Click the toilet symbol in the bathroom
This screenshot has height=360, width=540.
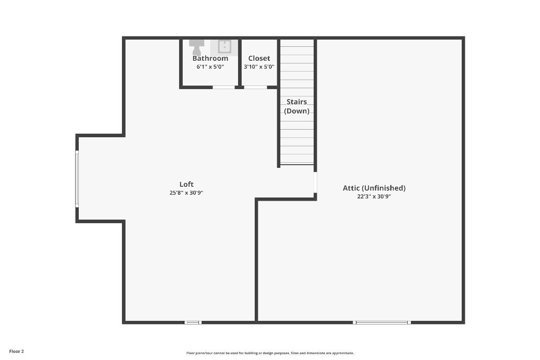point(197,48)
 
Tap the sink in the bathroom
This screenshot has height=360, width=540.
point(225,46)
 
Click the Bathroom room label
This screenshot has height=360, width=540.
point(210,58)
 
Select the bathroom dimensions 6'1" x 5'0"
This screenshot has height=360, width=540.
point(210,67)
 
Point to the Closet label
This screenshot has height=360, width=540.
point(259,58)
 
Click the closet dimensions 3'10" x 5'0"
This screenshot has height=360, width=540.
point(259,67)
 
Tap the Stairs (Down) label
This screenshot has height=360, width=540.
point(297,106)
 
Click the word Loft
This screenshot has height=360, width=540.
point(186,184)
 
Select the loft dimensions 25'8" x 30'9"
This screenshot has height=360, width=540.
point(186,193)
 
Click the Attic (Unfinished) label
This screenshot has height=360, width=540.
point(374,188)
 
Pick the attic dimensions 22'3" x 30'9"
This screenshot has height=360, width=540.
point(374,197)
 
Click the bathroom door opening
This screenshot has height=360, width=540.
point(224,87)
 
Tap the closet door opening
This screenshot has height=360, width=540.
point(256,87)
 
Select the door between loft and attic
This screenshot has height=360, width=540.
point(315,182)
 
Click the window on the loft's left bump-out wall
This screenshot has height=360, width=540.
point(77,179)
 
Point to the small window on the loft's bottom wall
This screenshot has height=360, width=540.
point(193,322)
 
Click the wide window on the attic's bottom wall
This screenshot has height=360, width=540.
point(382,322)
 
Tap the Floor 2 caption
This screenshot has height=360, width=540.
point(16,351)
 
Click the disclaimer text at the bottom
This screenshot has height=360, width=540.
point(270,353)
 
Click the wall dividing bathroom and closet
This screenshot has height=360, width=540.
point(240,63)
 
